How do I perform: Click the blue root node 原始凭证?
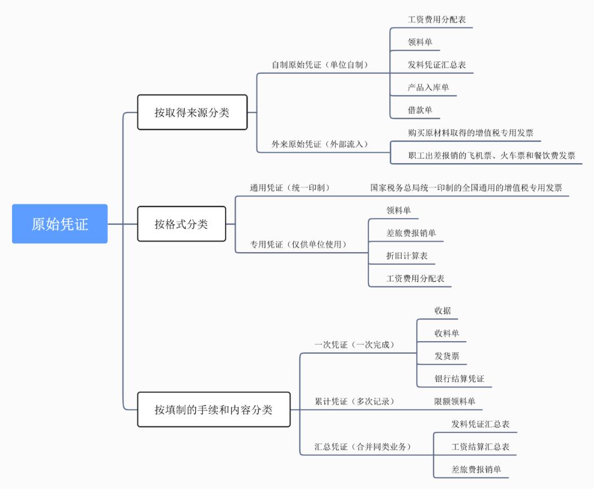pos(59,224)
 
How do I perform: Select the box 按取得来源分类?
pos(192,113)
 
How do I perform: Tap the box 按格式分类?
pos(181,224)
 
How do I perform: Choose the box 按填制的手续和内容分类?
pos(213,409)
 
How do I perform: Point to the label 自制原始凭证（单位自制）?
pos(320,65)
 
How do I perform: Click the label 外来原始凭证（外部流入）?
pos(320,145)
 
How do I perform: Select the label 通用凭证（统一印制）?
pos(290,188)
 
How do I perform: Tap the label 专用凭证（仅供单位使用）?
pos(299,244)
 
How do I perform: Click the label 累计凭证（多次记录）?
pos(355,402)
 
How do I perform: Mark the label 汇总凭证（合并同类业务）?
pos(363,447)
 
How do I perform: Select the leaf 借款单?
pos(420,110)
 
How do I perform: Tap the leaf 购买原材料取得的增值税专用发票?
pos(470,133)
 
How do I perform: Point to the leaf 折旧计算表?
pos(407,255)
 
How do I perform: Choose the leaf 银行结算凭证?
pos(459,379)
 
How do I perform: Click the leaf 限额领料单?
pos(454,402)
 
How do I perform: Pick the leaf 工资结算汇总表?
pos(480,447)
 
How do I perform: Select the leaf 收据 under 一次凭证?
pos(443,310)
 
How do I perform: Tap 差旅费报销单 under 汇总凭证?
pos(476,469)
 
